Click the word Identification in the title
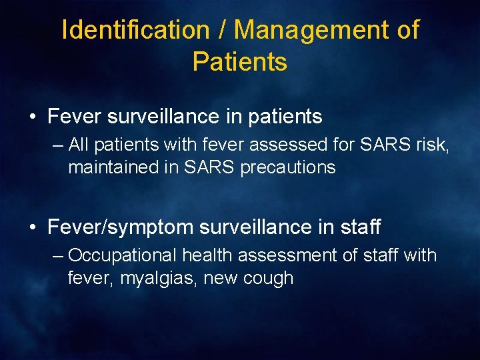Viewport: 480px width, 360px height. [x=135, y=30]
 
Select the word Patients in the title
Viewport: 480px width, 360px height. [x=240, y=62]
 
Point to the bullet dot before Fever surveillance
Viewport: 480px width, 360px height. [x=33, y=117]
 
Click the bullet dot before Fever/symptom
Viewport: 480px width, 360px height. [x=33, y=227]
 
